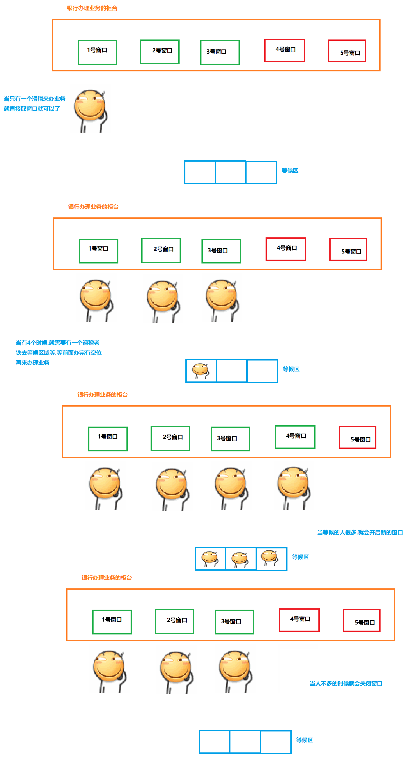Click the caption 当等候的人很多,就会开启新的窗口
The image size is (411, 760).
(360, 532)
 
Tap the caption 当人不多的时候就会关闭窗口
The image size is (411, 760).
(346, 684)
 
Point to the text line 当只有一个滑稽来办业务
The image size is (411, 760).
(35, 98)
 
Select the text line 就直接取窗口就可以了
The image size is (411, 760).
(32, 108)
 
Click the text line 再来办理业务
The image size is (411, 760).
(32, 363)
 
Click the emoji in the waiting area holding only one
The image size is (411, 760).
(201, 370)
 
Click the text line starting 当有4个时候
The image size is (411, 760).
(57, 342)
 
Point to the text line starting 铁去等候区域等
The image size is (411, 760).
(59, 352)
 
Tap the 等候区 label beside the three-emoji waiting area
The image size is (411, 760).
(300, 557)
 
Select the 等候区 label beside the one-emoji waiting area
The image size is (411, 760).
(291, 369)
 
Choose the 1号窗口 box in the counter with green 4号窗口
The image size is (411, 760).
(108, 438)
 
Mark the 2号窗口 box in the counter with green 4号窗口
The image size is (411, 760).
(170, 438)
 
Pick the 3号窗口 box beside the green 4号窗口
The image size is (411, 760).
(230, 439)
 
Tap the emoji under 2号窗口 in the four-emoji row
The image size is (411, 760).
(172, 488)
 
